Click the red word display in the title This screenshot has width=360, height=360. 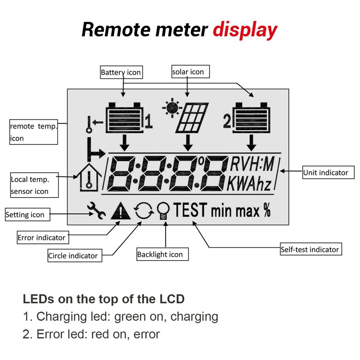[x=245, y=30]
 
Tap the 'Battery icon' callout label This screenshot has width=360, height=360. [x=121, y=72]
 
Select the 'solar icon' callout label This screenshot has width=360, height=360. [x=190, y=72]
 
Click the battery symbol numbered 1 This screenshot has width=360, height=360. [x=125, y=117]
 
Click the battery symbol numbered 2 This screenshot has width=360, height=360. [x=252, y=117]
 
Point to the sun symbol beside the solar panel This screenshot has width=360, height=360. [x=172, y=108]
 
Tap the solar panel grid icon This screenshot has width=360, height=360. [x=192, y=118]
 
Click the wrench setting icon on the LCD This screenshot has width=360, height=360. [x=96, y=211]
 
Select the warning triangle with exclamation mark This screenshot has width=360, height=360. [x=121, y=211]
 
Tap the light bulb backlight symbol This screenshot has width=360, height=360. [x=163, y=211]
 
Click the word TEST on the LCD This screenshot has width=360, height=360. [x=190, y=210]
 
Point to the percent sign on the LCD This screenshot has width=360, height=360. [x=267, y=210]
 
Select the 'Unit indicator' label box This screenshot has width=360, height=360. [x=328, y=172]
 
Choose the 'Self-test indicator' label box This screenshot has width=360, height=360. [x=311, y=249]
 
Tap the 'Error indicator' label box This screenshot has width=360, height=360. [x=43, y=238]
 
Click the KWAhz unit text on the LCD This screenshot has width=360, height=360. [x=249, y=184]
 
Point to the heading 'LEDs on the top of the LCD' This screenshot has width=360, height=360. [x=104, y=299]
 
